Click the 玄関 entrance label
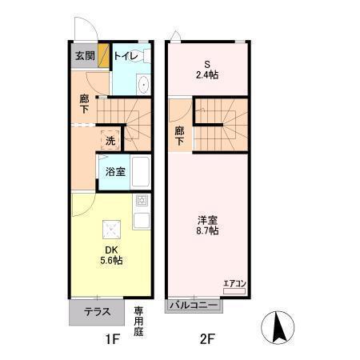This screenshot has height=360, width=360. pos(85,56)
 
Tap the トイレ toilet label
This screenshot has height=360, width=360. pos(126,56)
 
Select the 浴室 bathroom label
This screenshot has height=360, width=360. pos(114,171)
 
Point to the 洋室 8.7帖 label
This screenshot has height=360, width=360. pos(208,225)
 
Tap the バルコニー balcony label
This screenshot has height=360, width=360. pos(193,306)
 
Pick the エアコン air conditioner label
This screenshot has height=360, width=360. pos(234,282)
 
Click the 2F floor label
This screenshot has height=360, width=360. pos(207,339)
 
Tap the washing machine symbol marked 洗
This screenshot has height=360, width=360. pos(110,141)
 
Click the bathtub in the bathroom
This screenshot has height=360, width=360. pos(142,171)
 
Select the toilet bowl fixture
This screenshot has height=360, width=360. pos(142,86)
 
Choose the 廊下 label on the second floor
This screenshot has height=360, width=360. pos(180,136)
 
